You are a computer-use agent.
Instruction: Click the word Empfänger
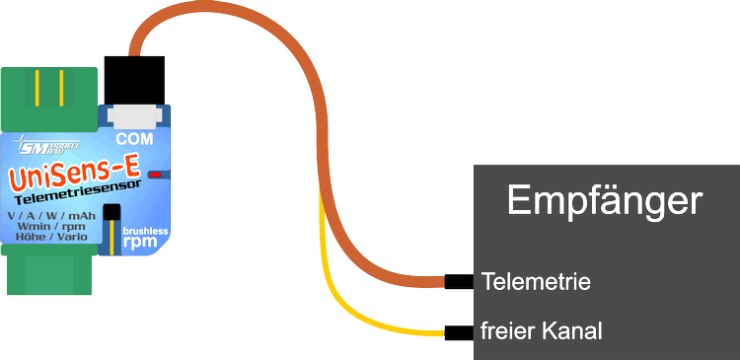(x=605, y=201)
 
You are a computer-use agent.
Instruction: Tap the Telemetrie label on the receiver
(x=536, y=282)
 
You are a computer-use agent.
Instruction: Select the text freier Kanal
(x=542, y=330)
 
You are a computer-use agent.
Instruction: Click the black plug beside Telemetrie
(x=459, y=282)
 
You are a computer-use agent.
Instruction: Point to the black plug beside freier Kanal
(x=459, y=332)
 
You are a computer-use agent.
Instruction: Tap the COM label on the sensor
(x=134, y=139)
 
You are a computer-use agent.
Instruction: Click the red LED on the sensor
(x=154, y=175)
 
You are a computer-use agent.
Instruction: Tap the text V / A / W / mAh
(x=51, y=215)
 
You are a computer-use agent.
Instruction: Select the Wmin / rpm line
(x=52, y=227)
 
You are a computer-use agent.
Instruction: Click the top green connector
(x=49, y=98)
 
